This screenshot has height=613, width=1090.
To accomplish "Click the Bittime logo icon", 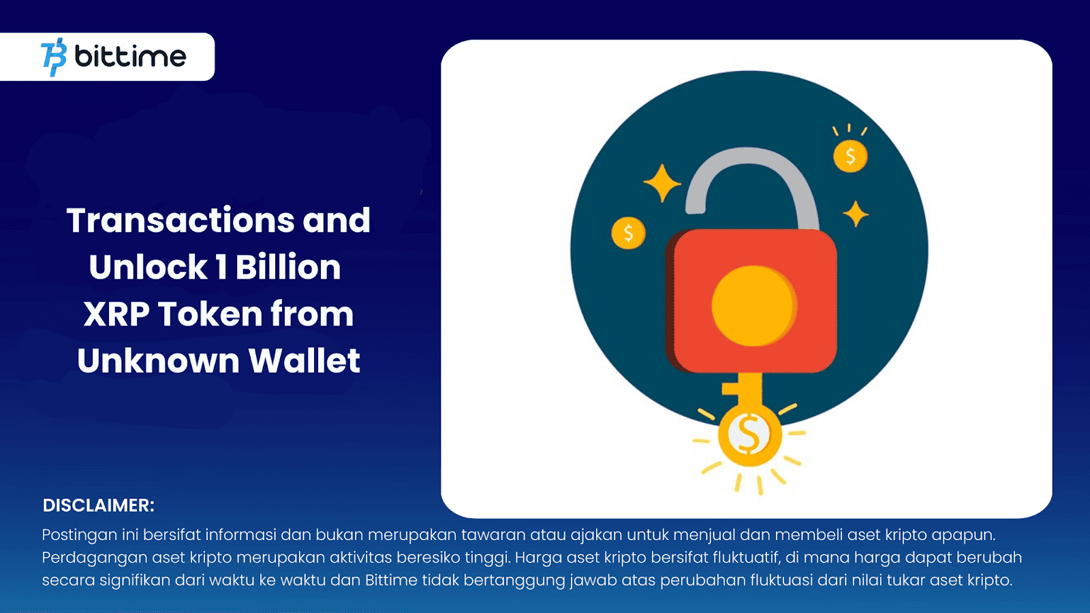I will (x=54, y=57).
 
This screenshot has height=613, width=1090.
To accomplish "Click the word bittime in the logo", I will (x=130, y=57).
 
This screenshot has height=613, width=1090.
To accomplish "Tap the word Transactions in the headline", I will (x=180, y=221).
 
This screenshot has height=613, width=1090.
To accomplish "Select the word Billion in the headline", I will (x=288, y=267).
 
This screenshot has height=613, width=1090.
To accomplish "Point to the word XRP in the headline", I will (x=116, y=314).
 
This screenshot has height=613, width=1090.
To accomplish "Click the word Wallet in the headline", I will (x=304, y=361).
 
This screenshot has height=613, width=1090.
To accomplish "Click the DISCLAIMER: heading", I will (x=99, y=505).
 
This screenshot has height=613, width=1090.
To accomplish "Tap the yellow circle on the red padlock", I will (x=753, y=306).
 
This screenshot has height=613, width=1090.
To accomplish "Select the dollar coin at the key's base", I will (x=749, y=435).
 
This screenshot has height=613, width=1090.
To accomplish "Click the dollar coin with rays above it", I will (x=850, y=156).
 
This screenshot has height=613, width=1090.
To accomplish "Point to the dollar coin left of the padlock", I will (x=628, y=233).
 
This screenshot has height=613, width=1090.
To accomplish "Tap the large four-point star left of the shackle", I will (x=661, y=183).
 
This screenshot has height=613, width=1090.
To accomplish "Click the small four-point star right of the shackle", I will (x=856, y=215).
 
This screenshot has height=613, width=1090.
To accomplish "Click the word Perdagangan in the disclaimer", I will (x=94, y=558).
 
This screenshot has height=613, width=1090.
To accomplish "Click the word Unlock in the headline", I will (x=148, y=267).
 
